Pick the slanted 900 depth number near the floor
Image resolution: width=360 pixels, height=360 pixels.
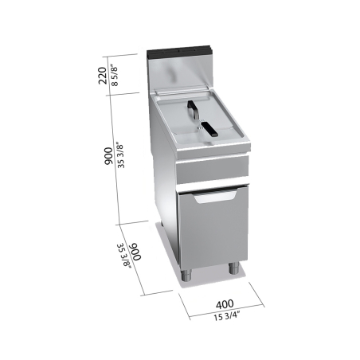(x=135, y=256)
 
